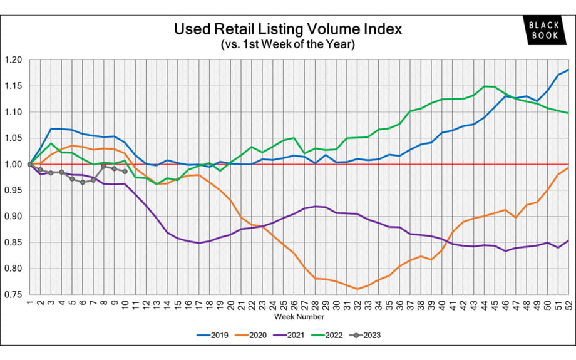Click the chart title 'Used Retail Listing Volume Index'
tap(287, 29)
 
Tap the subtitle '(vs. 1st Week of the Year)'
tap(287, 45)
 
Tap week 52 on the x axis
tap(568, 304)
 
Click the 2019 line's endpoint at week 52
tap(568, 70)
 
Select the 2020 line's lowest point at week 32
tap(357, 289)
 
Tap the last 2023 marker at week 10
tap(125, 172)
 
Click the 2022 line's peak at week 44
tap(484, 86)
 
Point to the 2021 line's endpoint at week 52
tap(568, 240)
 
